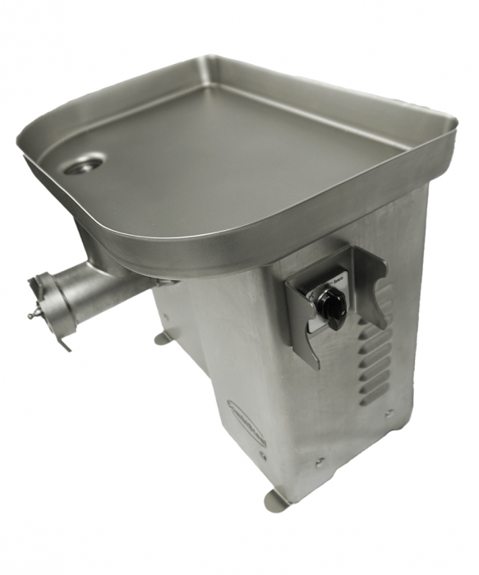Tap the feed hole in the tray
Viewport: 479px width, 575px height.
84,164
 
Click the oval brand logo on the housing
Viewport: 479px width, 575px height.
244,418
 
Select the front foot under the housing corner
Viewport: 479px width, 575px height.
276,500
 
